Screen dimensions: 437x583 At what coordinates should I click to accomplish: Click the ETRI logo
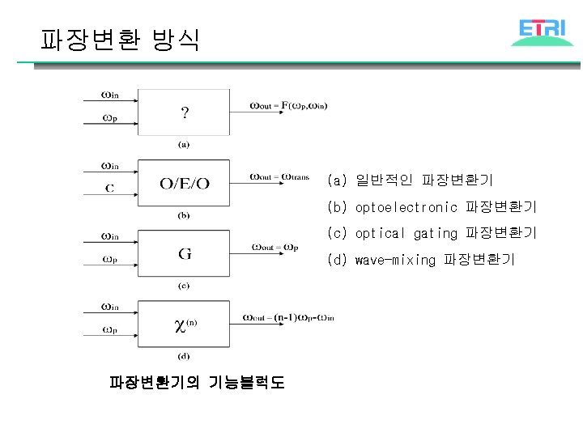(542, 32)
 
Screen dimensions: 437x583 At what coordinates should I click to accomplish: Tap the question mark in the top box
(185, 112)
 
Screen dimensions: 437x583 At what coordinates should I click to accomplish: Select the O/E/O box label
(184, 184)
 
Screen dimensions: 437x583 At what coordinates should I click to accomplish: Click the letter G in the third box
(185, 253)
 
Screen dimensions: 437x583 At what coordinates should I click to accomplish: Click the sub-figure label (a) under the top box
(184, 145)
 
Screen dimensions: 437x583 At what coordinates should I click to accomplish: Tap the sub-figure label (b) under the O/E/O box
(184, 215)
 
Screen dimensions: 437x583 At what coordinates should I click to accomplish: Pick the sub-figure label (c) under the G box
(184, 285)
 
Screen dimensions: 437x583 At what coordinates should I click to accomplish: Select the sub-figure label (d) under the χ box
(184, 356)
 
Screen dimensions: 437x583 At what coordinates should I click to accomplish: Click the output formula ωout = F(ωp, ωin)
(288, 104)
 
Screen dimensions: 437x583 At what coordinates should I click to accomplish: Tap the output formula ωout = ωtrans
(279, 176)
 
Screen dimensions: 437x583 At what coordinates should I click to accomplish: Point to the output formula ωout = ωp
(275, 246)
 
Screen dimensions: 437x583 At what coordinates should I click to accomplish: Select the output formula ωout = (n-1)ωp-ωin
(288, 316)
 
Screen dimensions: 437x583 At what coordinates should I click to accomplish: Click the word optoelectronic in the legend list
(406, 207)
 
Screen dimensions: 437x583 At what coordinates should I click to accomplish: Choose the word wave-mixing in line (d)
(395, 259)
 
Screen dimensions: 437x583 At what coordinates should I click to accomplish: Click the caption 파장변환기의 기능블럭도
(197, 382)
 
